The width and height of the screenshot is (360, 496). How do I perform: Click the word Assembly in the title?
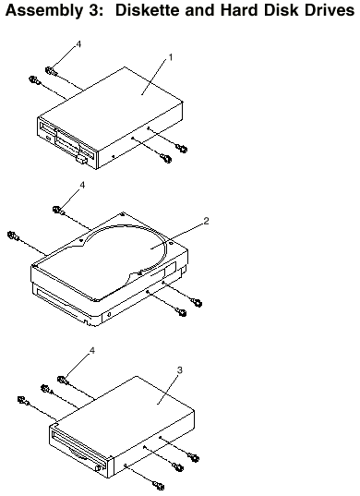click(43, 10)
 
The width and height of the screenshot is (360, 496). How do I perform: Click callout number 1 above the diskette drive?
click(171, 57)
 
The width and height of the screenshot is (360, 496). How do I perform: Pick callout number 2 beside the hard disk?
click(206, 221)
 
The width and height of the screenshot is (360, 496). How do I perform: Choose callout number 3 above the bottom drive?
click(179, 369)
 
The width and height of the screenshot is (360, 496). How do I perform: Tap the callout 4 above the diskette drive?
click(78, 44)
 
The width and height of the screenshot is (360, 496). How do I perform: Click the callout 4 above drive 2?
click(82, 185)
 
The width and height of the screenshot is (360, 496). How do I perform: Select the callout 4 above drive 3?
click(92, 350)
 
